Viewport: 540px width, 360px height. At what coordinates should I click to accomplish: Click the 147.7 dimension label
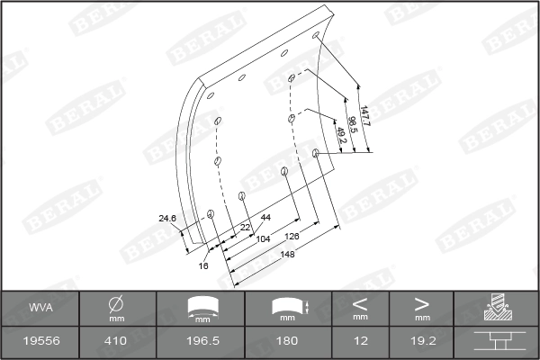(x=364, y=116)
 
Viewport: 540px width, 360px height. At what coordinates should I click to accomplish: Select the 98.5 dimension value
(x=352, y=124)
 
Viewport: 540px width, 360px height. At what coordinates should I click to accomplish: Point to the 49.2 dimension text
(x=341, y=135)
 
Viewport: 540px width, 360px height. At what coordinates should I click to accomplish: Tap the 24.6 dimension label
(x=167, y=219)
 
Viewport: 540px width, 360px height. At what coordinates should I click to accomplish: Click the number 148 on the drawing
(x=287, y=254)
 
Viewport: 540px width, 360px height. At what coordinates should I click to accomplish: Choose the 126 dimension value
(x=292, y=237)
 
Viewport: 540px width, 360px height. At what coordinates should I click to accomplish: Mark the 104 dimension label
(x=263, y=238)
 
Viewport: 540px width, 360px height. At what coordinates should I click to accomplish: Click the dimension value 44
(x=265, y=218)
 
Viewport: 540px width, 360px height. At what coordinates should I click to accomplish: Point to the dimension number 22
(x=245, y=228)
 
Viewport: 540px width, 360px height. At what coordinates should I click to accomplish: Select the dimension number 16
(x=203, y=265)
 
